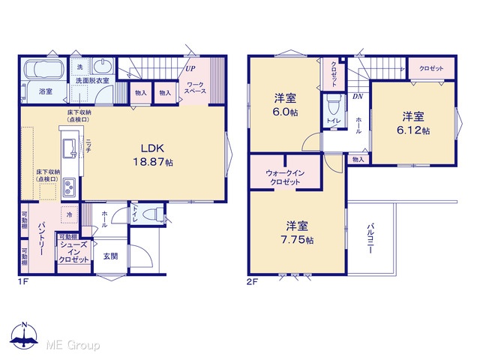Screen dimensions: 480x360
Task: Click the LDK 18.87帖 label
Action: (153, 155)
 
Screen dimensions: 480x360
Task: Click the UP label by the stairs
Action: (190, 68)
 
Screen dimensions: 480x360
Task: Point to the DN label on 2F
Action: (358, 97)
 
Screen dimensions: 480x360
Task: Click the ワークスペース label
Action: (195, 88)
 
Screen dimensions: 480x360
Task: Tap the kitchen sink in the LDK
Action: (70, 148)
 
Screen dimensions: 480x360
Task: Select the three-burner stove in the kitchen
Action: (69, 187)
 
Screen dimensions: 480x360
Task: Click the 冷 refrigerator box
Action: (69, 215)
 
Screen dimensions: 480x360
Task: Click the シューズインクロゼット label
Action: (74, 252)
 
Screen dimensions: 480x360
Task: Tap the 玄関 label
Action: (110, 256)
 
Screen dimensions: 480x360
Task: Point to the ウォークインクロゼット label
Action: (285, 178)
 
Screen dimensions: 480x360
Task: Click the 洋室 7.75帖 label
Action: (297, 232)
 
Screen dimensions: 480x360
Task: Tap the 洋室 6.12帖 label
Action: (413, 123)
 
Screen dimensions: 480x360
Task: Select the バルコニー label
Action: (370, 238)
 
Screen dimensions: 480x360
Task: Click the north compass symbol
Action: (24, 335)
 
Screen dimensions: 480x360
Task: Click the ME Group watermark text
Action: (73, 345)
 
